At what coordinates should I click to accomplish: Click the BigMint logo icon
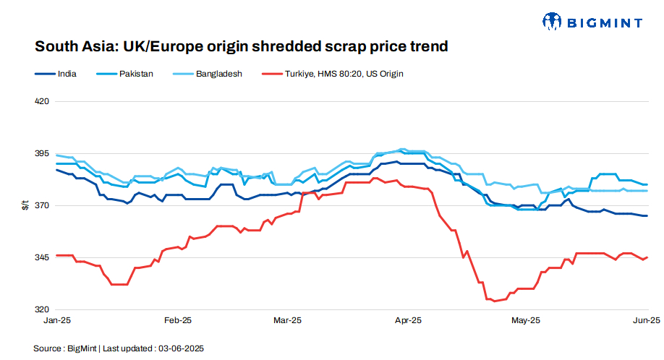[x=552, y=22]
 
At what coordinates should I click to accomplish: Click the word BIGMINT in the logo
[x=605, y=22]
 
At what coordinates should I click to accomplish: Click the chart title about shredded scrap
[x=242, y=47]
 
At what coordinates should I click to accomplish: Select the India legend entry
[x=67, y=74]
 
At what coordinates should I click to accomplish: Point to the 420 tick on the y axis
[x=42, y=102]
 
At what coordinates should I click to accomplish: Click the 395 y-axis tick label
[x=42, y=154]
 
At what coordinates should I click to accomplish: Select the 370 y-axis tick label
[x=42, y=206]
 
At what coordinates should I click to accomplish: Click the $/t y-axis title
[x=25, y=206]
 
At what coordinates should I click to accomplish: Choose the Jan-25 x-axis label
[x=56, y=320]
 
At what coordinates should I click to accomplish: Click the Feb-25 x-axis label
[x=178, y=320]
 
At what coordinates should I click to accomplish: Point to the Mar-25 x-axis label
[x=287, y=320]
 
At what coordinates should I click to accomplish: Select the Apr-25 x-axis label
[x=409, y=320]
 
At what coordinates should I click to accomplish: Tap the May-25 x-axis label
[x=526, y=320]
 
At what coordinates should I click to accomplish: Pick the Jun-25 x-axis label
[x=646, y=320]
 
